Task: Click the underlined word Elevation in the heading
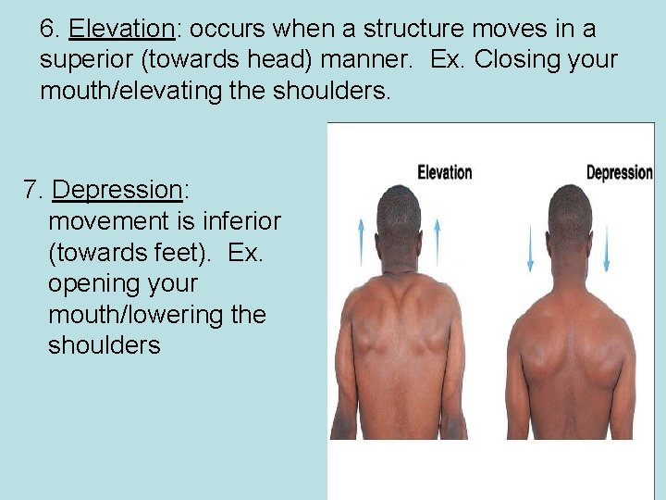tap(121, 29)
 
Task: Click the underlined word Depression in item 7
tap(118, 190)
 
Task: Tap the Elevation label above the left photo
tap(444, 172)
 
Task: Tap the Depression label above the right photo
tap(619, 172)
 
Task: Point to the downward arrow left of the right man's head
tap(530, 247)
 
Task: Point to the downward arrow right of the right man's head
tap(607, 247)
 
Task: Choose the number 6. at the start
tap(50, 29)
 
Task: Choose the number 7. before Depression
tap(33, 190)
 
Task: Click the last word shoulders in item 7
tap(104, 346)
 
